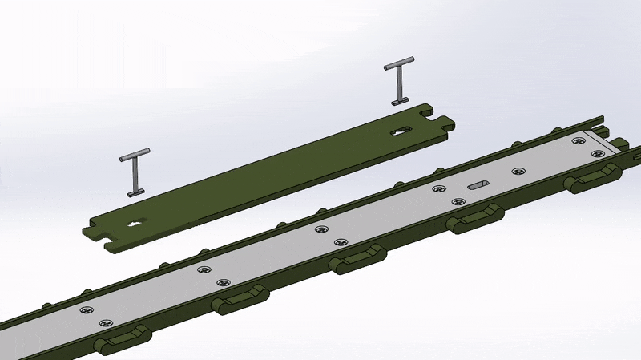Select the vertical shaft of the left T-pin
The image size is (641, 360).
point(135,175)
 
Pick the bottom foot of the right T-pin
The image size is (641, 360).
point(399,102)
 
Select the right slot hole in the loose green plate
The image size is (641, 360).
point(399,131)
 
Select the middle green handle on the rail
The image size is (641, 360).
point(357,259)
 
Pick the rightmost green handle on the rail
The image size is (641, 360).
point(593,178)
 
